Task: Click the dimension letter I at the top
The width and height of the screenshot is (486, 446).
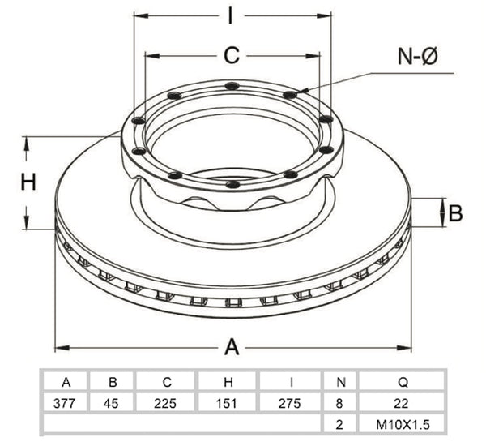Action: click(230, 16)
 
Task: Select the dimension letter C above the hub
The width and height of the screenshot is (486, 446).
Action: click(232, 56)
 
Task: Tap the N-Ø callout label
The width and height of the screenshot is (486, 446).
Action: click(417, 56)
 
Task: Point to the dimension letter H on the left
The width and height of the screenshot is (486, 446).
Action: click(28, 182)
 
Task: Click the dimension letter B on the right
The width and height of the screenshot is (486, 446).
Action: click(455, 213)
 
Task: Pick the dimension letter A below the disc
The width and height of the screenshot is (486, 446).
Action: click(232, 347)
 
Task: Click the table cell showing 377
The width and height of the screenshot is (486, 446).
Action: click(64, 404)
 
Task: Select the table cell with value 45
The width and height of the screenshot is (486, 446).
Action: click(111, 404)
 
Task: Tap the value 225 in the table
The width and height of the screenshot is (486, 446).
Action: click(165, 404)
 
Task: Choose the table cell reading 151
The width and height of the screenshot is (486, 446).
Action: click(227, 404)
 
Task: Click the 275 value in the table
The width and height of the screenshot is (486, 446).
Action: click(289, 404)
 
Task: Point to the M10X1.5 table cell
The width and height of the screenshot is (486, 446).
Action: click(403, 425)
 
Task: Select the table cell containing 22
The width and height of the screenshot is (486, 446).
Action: click(402, 404)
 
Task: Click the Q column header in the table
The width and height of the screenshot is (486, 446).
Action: click(403, 382)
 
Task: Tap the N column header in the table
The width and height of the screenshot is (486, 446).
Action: click(341, 382)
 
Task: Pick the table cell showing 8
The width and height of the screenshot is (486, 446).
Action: click(339, 404)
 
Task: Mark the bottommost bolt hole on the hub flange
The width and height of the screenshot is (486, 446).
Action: click(232, 185)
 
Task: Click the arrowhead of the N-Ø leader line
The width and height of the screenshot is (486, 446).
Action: click(302, 91)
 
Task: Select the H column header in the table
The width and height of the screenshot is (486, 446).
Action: click(228, 382)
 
